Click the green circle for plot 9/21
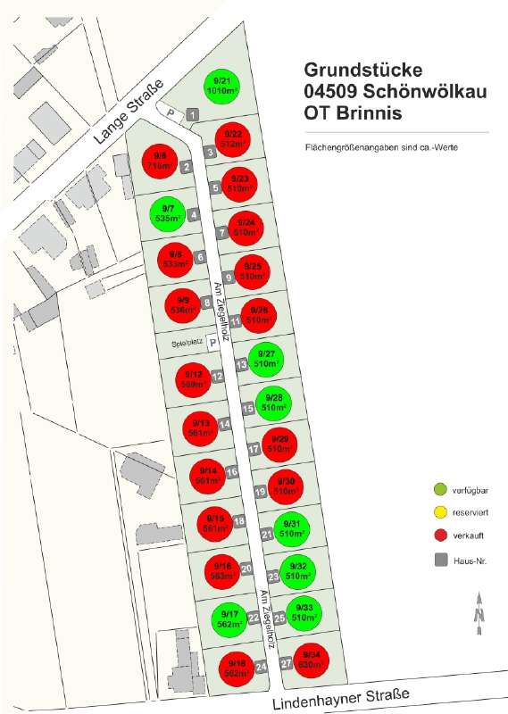point(220,87)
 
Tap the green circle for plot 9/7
point(169,214)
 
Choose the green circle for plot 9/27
point(265,360)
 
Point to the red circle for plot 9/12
point(192,379)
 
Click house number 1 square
point(194,115)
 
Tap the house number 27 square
point(287,663)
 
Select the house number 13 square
point(241,364)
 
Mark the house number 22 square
point(254,617)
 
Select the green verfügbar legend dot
point(438,490)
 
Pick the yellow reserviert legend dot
point(438,513)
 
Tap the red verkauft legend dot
point(438,536)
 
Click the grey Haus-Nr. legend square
point(438,560)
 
